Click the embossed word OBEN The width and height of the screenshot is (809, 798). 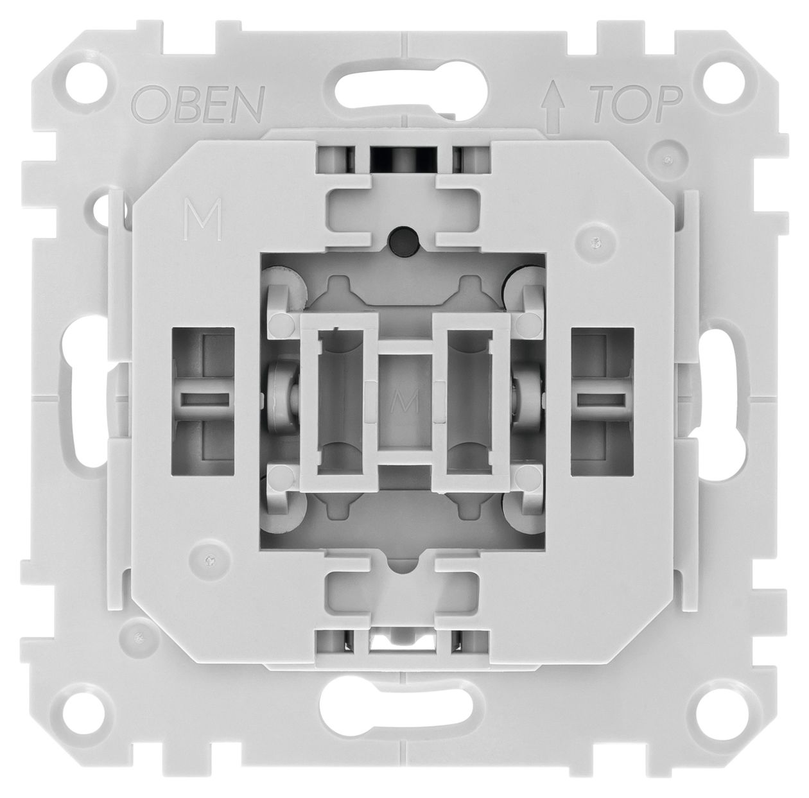click(198, 103)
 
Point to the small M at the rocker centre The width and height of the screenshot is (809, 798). click(405, 403)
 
